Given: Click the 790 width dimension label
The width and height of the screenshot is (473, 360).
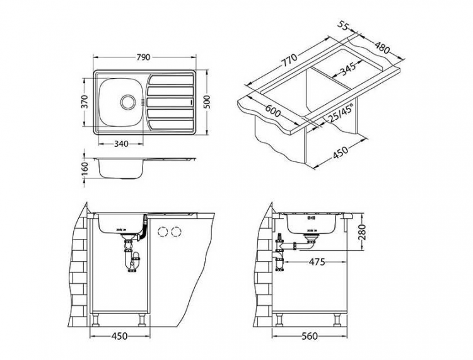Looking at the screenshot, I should [x=143, y=57].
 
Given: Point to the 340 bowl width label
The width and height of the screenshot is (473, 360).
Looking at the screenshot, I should [x=121, y=144].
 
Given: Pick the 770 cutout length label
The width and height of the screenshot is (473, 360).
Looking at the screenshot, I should [x=289, y=61].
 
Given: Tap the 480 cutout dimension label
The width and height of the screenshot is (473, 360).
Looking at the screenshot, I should [x=382, y=47].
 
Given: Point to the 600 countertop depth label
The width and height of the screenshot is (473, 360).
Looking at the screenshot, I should [x=272, y=111].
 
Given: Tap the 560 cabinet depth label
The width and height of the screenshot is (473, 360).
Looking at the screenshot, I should [x=310, y=336].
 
